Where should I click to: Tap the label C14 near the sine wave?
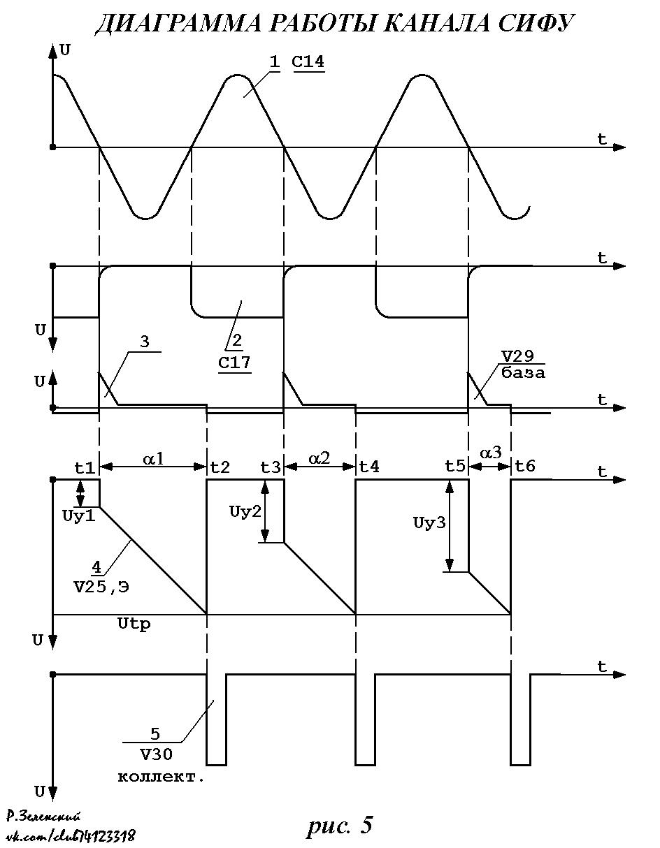(308, 62)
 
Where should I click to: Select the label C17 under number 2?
(234, 363)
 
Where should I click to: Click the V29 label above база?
(517, 356)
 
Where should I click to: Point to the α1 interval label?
(154, 459)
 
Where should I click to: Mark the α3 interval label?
(491, 453)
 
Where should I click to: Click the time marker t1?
(85, 467)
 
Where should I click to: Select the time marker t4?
(369, 467)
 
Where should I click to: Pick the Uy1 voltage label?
(79, 516)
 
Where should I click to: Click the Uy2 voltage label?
(245, 511)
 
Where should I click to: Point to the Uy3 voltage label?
(429, 522)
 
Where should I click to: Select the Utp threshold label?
(134, 624)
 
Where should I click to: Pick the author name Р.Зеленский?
(44, 816)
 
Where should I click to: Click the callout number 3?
(145, 342)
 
